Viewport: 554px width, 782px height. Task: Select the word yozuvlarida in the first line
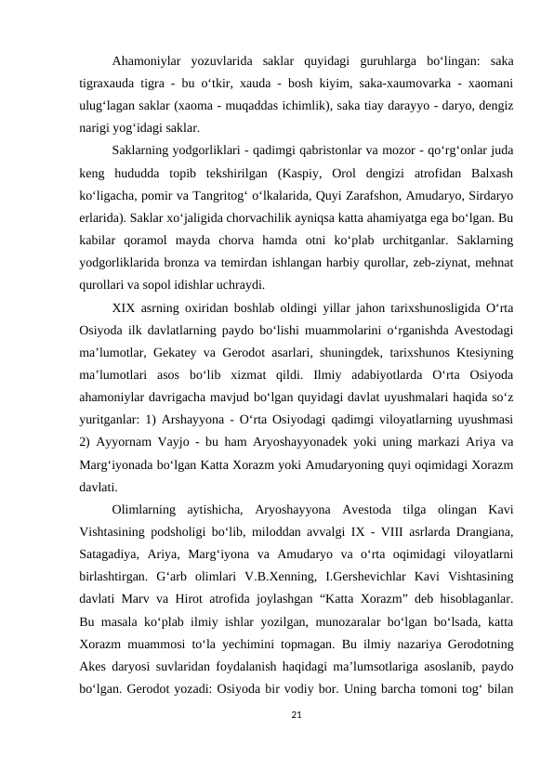pyautogui.click(x=218, y=61)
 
